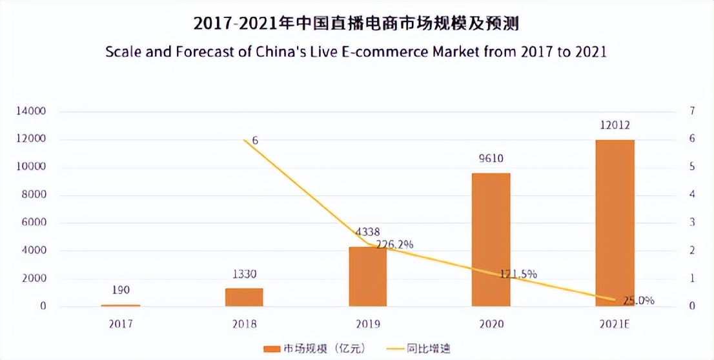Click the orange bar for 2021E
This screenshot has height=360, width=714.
[615, 223]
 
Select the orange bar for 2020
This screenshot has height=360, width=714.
[491, 239]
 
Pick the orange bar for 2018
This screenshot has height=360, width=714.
[244, 297]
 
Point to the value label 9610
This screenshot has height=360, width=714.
[491, 159]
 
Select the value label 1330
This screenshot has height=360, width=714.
[244, 275]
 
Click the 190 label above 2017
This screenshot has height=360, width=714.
[121, 291]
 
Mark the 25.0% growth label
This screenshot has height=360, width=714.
[639, 301]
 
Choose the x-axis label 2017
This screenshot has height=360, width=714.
[121, 324]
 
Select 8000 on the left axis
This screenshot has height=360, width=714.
[35, 195]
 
